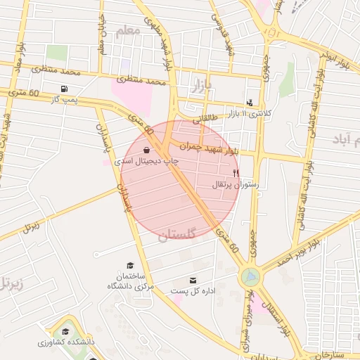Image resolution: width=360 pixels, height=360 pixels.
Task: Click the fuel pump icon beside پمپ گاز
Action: point(65,89)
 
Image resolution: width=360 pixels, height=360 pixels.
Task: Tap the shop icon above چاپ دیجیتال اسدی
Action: point(146,150)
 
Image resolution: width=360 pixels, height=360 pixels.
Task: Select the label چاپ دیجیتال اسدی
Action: point(146,161)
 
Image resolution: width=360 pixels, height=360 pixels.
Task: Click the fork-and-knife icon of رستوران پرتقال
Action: point(236,172)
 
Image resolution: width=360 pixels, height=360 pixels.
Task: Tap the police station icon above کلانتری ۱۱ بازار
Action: point(250,103)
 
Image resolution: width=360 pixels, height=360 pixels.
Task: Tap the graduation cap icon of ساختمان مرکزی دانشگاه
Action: point(129,264)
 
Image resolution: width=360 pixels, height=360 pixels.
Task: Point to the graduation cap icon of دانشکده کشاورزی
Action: point(65,332)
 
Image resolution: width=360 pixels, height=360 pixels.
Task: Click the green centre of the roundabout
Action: point(249,277)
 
